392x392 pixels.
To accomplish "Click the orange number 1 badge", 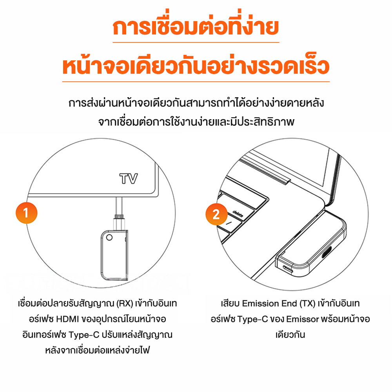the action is pyautogui.click(x=26, y=213).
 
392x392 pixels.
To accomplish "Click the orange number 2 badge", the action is pyautogui.click(x=216, y=214).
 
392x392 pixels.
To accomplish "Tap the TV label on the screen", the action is pyautogui.click(x=129, y=178).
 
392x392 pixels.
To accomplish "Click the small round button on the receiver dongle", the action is pyautogui.click(x=109, y=237).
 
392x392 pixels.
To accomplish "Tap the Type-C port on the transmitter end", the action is pyautogui.click(x=288, y=269).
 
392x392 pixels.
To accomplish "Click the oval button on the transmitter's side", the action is pyautogui.click(x=327, y=252).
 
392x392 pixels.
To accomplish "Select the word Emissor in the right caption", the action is pyautogui.click(x=303, y=319).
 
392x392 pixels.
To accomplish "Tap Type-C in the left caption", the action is pyautogui.click(x=84, y=335).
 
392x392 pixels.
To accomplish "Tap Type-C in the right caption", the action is pyautogui.click(x=252, y=319).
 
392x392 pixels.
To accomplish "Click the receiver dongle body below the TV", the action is pyautogui.click(x=114, y=255).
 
